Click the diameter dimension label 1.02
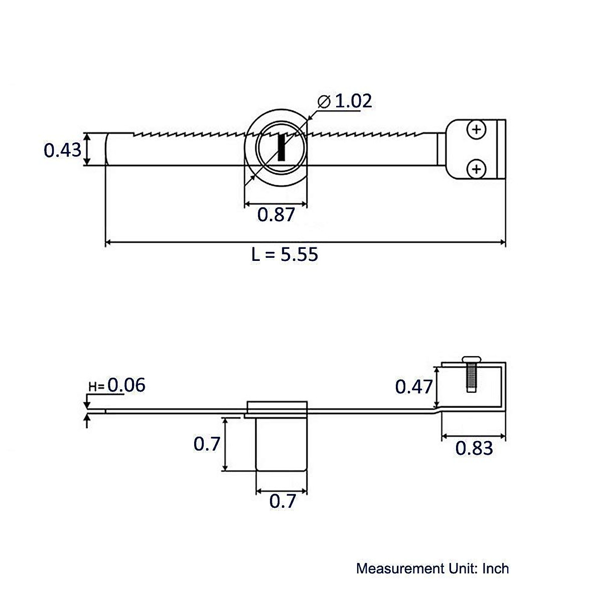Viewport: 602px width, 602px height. tap(353, 101)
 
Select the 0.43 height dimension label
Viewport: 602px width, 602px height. tap(62, 149)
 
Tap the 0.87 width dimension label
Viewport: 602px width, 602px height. tap(275, 215)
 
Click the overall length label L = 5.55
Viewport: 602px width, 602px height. tap(284, 254)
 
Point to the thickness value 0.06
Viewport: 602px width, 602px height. tap(126, 385)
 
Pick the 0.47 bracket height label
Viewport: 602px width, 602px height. tap(413, 387)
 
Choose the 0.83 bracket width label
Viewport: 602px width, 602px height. tap(474, 448)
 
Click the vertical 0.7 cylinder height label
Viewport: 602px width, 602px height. tap(207, 443)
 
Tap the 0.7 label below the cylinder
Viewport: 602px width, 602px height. tap(282, 501)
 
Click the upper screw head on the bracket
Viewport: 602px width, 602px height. tap(476, 130)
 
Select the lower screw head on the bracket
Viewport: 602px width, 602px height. tap(476, 169)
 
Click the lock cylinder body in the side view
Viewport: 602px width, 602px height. tap(281, 444)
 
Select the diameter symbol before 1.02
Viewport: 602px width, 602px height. tap(324, 101)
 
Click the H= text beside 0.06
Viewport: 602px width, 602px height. tap(96, 387)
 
